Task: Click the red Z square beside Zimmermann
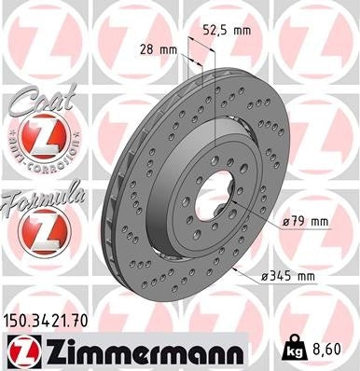click(21, 350)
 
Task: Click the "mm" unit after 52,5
click(242, 30)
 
